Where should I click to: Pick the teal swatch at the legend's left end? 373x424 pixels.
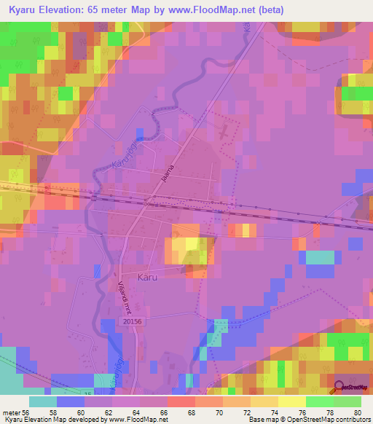pyautogui.click(x=42, y=401)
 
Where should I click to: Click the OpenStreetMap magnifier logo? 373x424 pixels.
pyautogui.click(x=339, y=388)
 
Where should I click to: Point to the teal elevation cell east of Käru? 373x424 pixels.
pyautogui.click(x=320, y=257)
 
